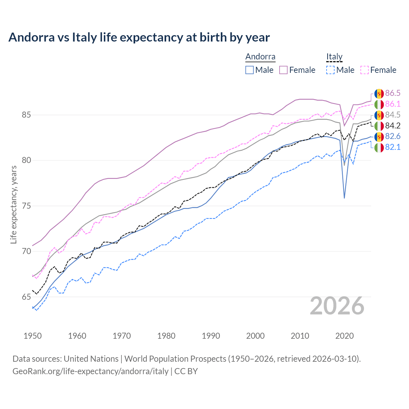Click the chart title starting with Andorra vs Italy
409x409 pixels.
pos(139,37)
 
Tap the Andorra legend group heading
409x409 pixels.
pos(260,57)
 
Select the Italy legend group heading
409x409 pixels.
pos(334,57)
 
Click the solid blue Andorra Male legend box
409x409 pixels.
pos(250,70)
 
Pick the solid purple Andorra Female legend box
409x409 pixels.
pos(283,70)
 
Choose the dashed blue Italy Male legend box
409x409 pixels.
pos(330,70)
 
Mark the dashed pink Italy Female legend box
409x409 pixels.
pos(365,70)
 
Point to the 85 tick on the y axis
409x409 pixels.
pos(26,115)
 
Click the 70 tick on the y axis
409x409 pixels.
pos(26,251)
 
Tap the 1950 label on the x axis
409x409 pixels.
pos(33,336)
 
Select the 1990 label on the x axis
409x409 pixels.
pos(211,336)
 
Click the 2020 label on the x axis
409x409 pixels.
pos(344,336)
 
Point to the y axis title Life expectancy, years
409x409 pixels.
pos(13,204)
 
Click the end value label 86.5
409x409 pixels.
pos(393,93)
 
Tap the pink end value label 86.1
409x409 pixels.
pos(393,104)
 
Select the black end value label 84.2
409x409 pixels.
pos(393,126)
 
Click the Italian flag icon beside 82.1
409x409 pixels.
pos(379,147)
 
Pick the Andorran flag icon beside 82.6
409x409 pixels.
pos(379,136)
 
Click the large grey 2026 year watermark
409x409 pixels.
pos(337,306)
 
